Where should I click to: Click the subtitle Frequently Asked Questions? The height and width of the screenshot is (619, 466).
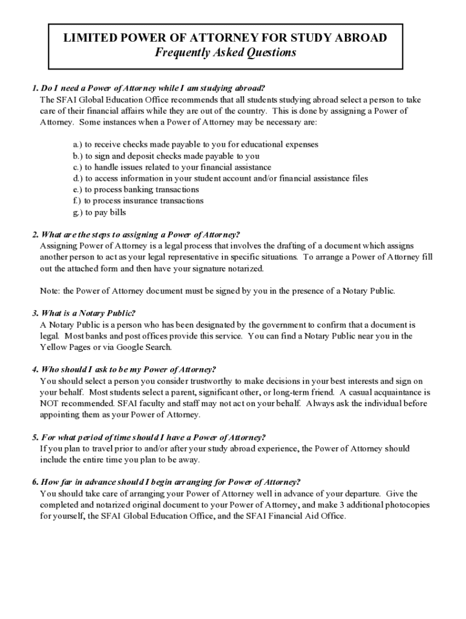pyautogui.click(x=226, y=53)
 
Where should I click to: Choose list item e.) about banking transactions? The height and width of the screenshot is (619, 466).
pyautogui.click(x=136, y=190)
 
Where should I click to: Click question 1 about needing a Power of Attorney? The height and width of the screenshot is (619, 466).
pyautogui.click(x=149, y=88)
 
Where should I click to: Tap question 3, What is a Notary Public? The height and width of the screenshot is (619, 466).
pyautogui.click(x=84, y=313)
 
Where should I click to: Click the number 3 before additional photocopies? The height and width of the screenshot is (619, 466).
pyautogui.click(x=355, y=505)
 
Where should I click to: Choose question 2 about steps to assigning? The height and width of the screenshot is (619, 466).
pyautogui.click(x=136, y=235)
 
